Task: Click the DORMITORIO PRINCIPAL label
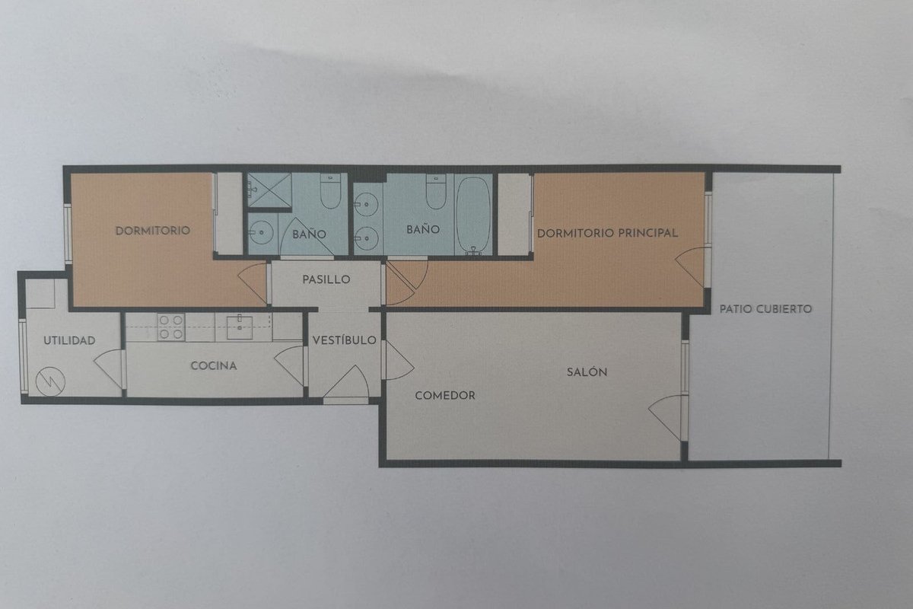(607, 233)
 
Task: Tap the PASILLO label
(326, 279)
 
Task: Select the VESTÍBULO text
(345, 340)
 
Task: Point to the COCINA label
(214, 365)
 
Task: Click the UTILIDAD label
(69, 340)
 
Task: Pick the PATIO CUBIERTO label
(765, 309)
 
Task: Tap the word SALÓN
(587, 371)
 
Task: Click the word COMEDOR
(445, 395)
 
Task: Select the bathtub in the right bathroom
(472, 215)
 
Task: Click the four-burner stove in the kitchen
(171, 327)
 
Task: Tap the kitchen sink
(240, 327)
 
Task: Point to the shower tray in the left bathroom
(269, 190)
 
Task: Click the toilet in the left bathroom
(330, 191)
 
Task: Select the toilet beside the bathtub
(436, 192)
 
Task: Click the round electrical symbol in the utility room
(50, 381)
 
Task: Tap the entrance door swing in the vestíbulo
(346, 381)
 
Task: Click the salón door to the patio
(666, 417)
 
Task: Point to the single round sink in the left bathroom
(261, 232)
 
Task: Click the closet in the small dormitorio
(229, 213)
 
